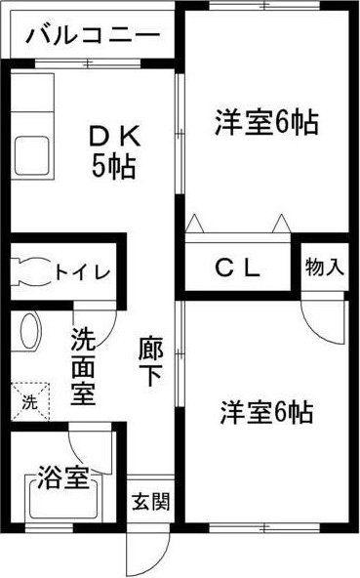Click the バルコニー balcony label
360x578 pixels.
pyautogui.click(x=94, y=36)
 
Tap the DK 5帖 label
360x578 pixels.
pyautogui.click(x=114, y=151)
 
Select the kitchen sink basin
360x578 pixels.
pyautogui.click(x=31, y=155)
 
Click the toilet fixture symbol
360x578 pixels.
pyautogui.click(x=29, y=272)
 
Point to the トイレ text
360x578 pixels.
pyautogui.click(x=83, y=272)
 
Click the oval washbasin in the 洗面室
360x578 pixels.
pyautogui.click(x=30, y=331)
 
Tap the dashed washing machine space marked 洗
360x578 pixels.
pyautogui.click(x=30, y=401)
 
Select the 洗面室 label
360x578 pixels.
pyautogui.click(x=83, y=366)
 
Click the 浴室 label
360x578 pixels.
pyautogui.click(x=63, y=478)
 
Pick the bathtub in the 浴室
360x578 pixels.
pyautogui.click(x=63, y=498)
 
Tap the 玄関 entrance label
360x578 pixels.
pyautogui.click(x=151, y=501)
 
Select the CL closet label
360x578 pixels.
pyautogui.click(x=238, y=268)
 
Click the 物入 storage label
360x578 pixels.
pyautogui.click(x=324, y=267)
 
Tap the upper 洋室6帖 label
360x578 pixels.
pyautogui.click(x=266, y=123)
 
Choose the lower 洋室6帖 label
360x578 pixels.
pyautogui.click(x=266, y=412)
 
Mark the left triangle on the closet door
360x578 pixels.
pyautogui.click(x=194, y=223)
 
